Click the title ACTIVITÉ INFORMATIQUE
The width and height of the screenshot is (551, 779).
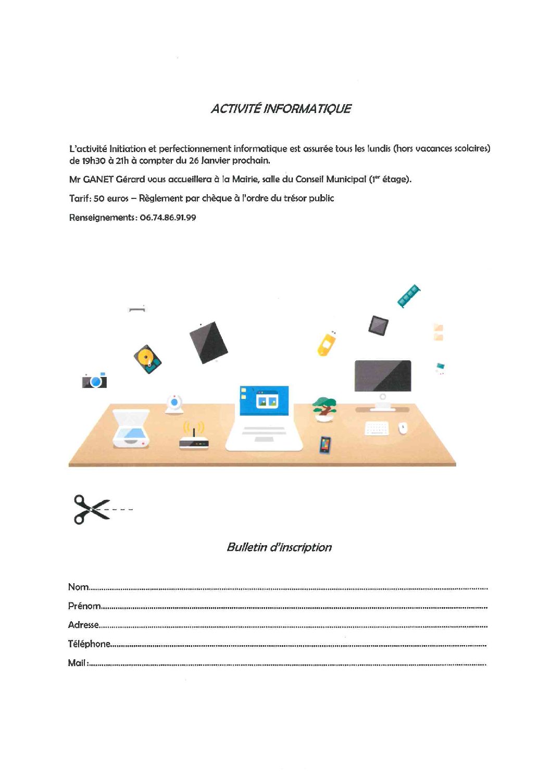[x=281, y=109]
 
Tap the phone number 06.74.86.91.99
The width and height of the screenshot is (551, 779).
[x=168, y=218]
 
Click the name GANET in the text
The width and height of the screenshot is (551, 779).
[x=98, y=179]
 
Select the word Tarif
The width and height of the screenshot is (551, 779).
[x=80, y=198]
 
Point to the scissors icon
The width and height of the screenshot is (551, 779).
[x=92, y=509]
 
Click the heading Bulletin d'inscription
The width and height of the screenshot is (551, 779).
[x=279, y=547]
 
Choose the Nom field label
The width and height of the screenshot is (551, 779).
[x=78, y=587]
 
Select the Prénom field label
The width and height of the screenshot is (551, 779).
[x=84, y=606]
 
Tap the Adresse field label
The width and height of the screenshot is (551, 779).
[x=83, y=625]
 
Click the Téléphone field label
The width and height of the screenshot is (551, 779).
[x=89, y=644]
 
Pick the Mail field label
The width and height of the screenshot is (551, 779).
[x=77, y=663]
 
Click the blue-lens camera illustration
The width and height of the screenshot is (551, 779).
[x=95, y=381]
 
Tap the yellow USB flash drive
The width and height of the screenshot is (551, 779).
[x=327, y=344]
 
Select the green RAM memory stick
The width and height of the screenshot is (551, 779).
[x=409, y=296]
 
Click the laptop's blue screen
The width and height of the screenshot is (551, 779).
[x=264, y=400]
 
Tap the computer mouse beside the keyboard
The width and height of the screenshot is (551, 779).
[x=403, y=428]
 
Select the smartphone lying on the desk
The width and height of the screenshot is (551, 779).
[x=325, y=445]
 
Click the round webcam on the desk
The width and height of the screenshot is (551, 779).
[x=174, y=404]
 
